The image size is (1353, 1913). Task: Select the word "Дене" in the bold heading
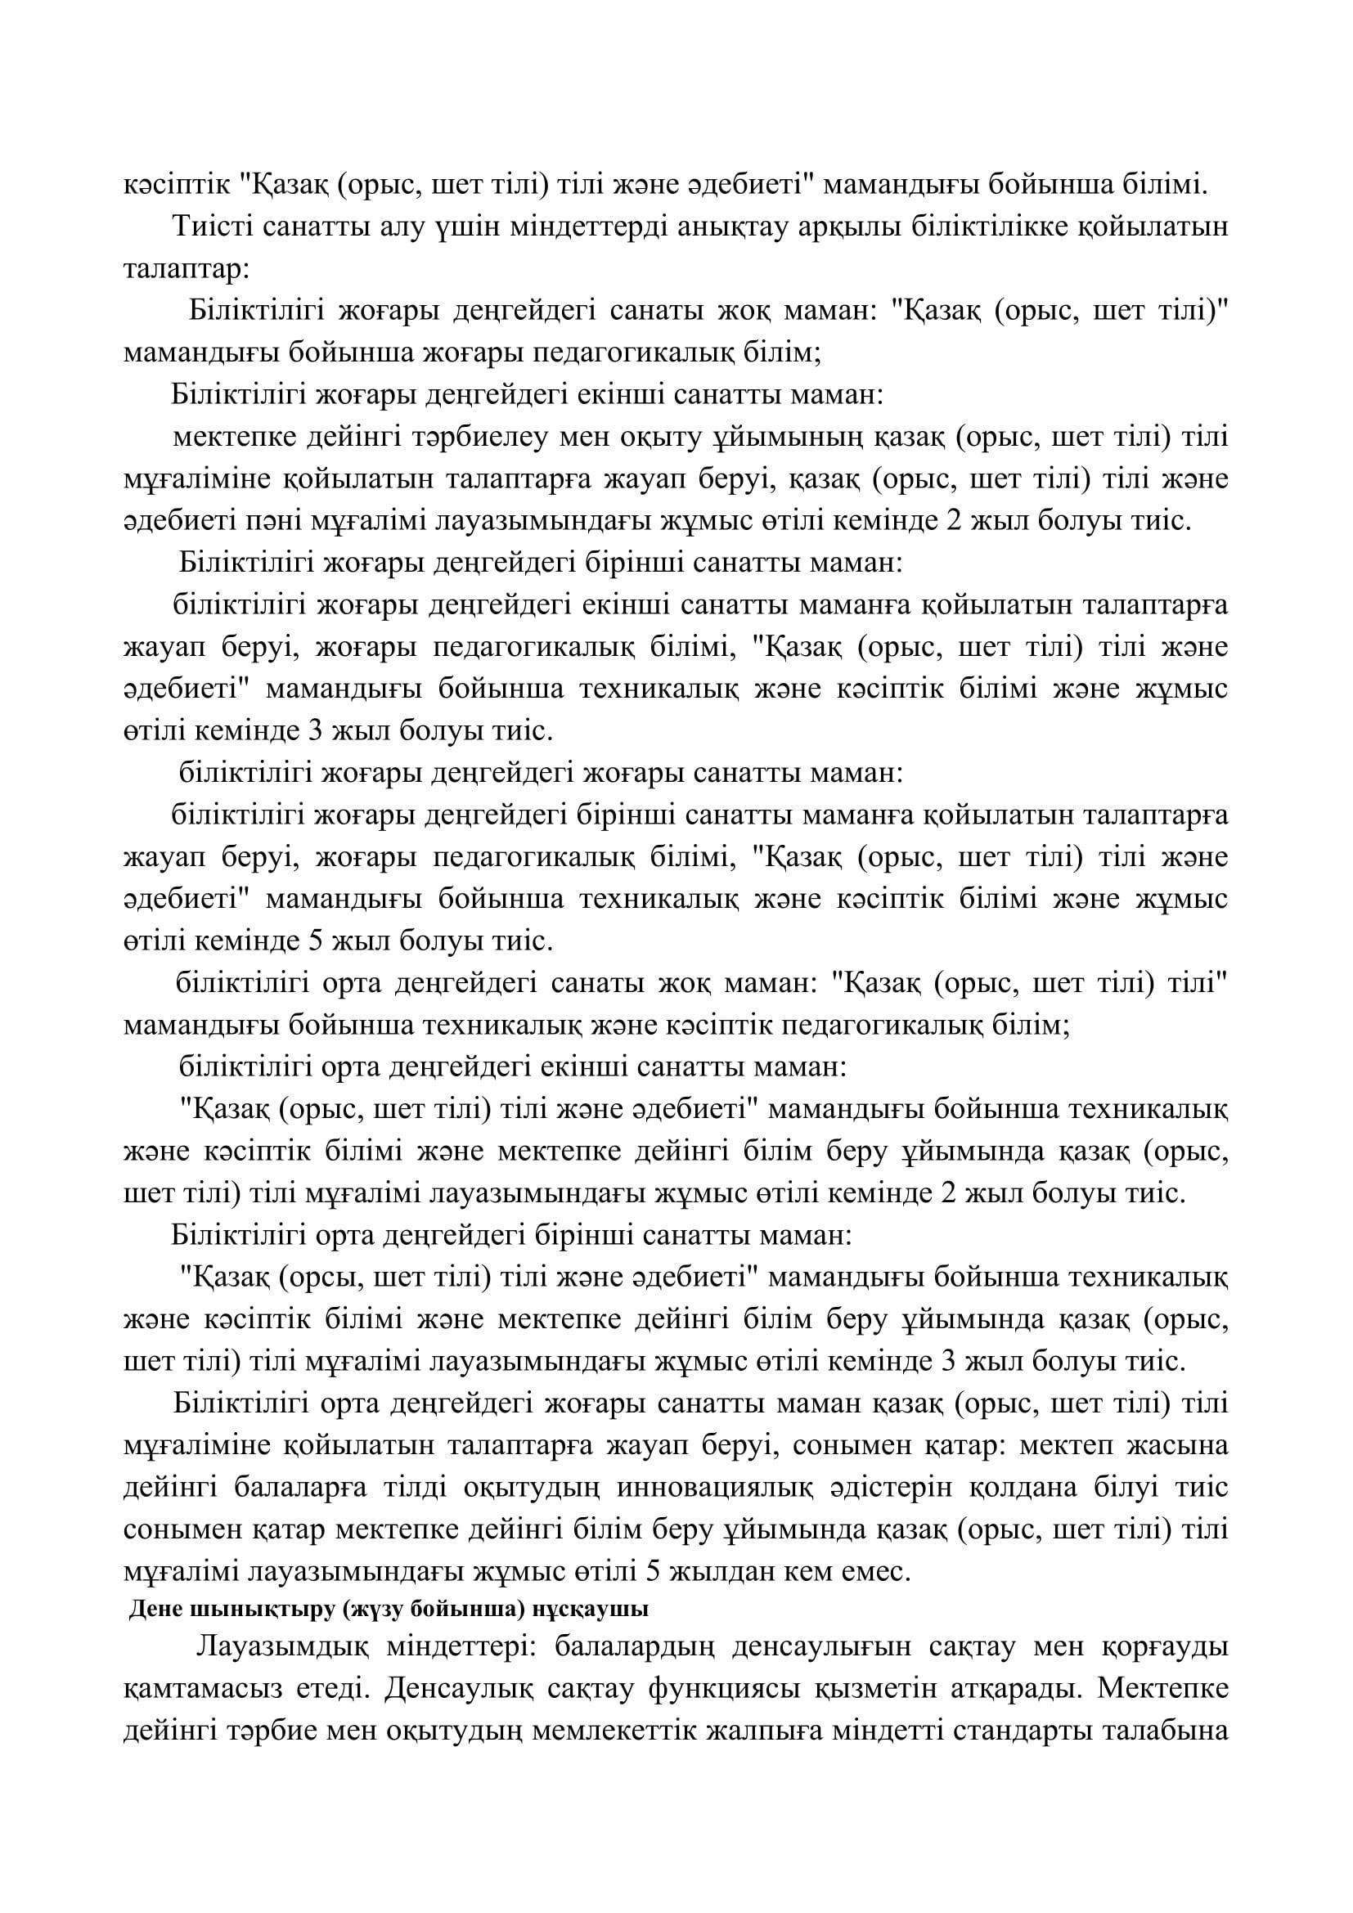[150, 1610]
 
